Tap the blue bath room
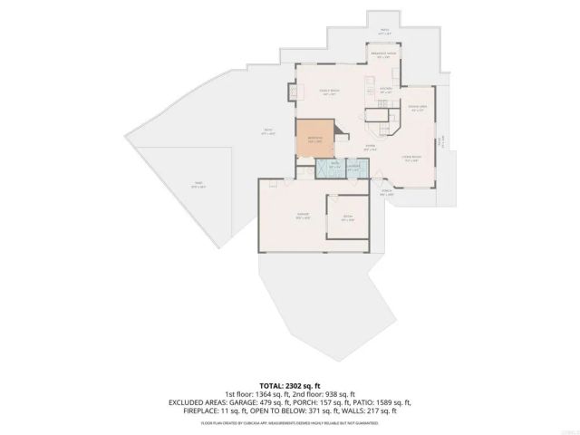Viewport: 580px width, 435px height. [334, 167]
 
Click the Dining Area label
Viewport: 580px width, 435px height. [415, 110]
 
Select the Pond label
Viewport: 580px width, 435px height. [197, 185]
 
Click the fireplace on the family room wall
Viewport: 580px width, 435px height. [291, 92]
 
